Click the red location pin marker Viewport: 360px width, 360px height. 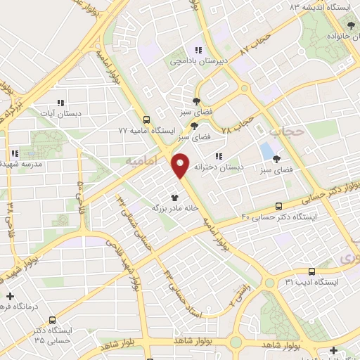pos(181,165)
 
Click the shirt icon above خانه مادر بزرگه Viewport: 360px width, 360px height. pos(174,198)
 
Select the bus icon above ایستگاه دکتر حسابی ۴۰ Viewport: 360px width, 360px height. pos(279,206)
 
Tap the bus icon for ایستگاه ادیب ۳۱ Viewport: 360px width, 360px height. pos(311,271)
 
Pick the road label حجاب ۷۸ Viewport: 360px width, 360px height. pos(236,125)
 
